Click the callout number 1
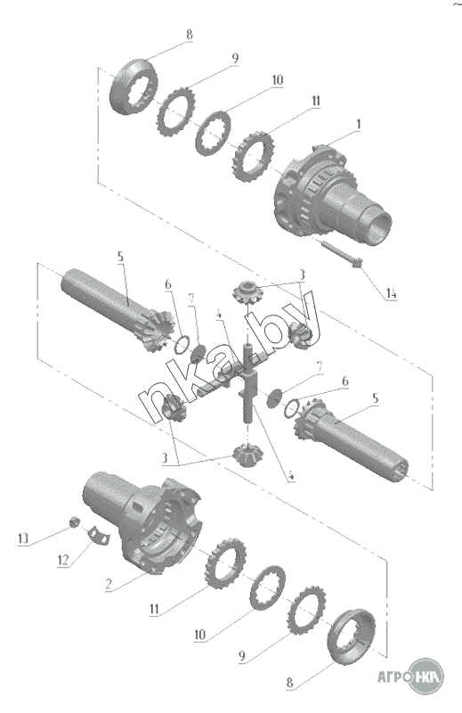coord(359,124)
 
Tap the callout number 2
coord(108,585)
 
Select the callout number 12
coord(63,560)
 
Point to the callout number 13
coord(23,538)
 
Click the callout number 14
coord(391,294)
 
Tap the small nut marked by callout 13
coord(74,521)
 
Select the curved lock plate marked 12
coord(99,534)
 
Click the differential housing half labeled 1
coord(332,193)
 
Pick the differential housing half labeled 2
coord(141,520)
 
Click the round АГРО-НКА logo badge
coord(426,676)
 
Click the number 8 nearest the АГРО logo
coord(290,683)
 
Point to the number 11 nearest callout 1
coord(315,101)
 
